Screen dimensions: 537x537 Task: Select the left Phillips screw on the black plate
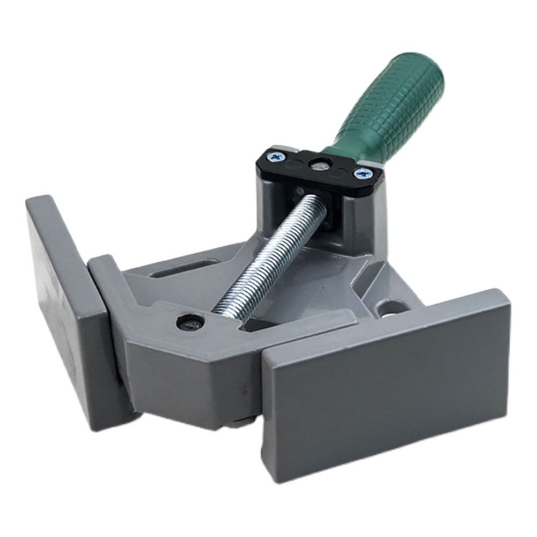point(277,157)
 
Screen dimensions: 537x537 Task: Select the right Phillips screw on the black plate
point(362,173)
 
